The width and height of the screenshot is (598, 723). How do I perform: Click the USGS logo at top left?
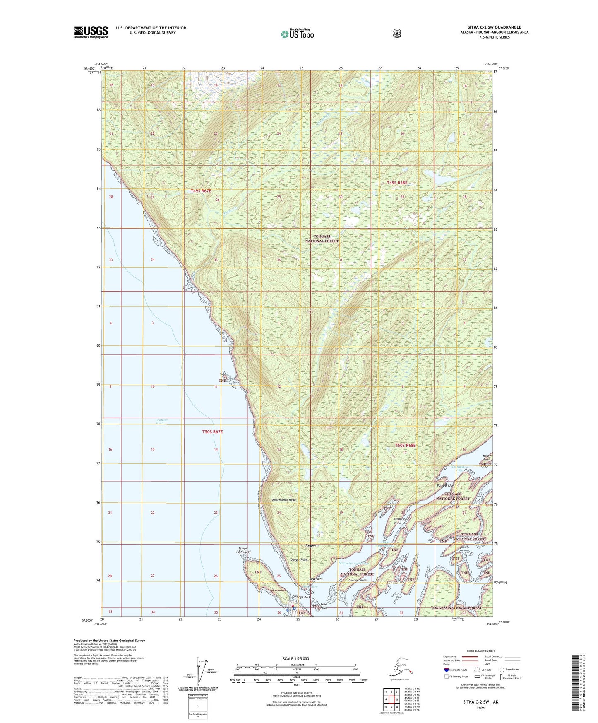[x=91, y=32]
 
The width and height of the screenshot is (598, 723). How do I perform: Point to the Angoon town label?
[x=312, y=545]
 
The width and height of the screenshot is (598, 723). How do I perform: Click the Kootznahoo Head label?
[x=284, y=500]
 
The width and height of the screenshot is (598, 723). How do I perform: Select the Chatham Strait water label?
[x=162, y=422]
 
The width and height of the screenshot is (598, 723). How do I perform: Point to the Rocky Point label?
[x=487, y=458]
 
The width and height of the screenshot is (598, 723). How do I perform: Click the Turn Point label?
[x=315, y=579]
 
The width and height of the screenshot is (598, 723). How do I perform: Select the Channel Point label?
[x=358, y=580]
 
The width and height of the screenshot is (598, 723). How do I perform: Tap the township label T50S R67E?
[x=212, y=431]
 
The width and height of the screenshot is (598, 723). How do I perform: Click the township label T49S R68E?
[x=397, y=183]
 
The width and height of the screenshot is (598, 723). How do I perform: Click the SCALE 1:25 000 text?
[x=295, y=658]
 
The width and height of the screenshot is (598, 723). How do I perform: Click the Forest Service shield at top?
[x=396, y=34]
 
